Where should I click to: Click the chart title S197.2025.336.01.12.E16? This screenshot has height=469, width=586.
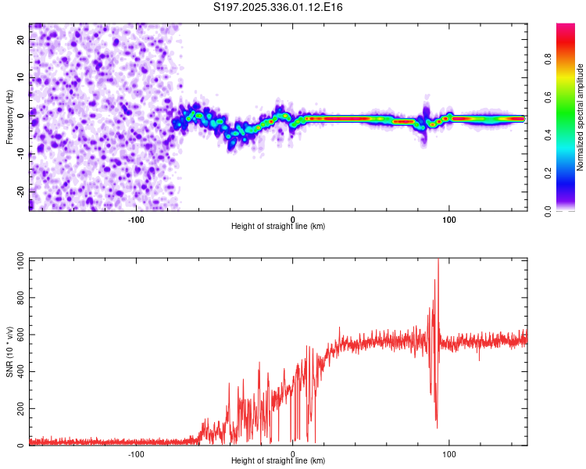pos(279,8)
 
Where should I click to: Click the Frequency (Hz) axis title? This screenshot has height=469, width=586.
pos(10,116)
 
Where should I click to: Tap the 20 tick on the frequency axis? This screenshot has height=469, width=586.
pos(21,41)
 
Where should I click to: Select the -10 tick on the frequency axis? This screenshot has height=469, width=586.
pos(20,154)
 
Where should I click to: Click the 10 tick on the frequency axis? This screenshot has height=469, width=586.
pos(21,79)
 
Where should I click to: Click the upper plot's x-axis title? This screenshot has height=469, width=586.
pos(278,226)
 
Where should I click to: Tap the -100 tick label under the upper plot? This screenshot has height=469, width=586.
pos(136,218)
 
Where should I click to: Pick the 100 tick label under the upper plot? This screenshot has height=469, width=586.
pos(449,218)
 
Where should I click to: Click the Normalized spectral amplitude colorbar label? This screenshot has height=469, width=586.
pos(581,116)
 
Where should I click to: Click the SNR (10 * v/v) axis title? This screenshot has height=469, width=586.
pos(10,352)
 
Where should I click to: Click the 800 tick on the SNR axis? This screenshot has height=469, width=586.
pos(18,299)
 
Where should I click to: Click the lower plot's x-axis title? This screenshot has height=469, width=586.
pos(278,461)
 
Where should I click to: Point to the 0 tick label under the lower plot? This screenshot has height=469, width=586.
pos(293,453)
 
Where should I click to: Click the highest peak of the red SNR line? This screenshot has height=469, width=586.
pos(438,260)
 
